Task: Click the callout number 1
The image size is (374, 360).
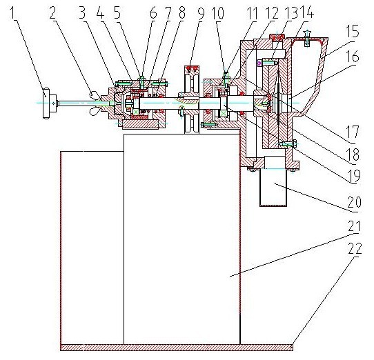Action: point(14,12)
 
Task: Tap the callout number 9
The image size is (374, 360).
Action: point(201,13)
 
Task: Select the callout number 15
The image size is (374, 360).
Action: point(353,30)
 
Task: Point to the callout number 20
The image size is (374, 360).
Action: point(355,202)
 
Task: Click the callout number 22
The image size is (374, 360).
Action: point(355,248)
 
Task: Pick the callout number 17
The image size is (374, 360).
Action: point(353,132)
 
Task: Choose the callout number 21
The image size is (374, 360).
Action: point(354,226)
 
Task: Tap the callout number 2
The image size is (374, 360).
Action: point(52,12)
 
